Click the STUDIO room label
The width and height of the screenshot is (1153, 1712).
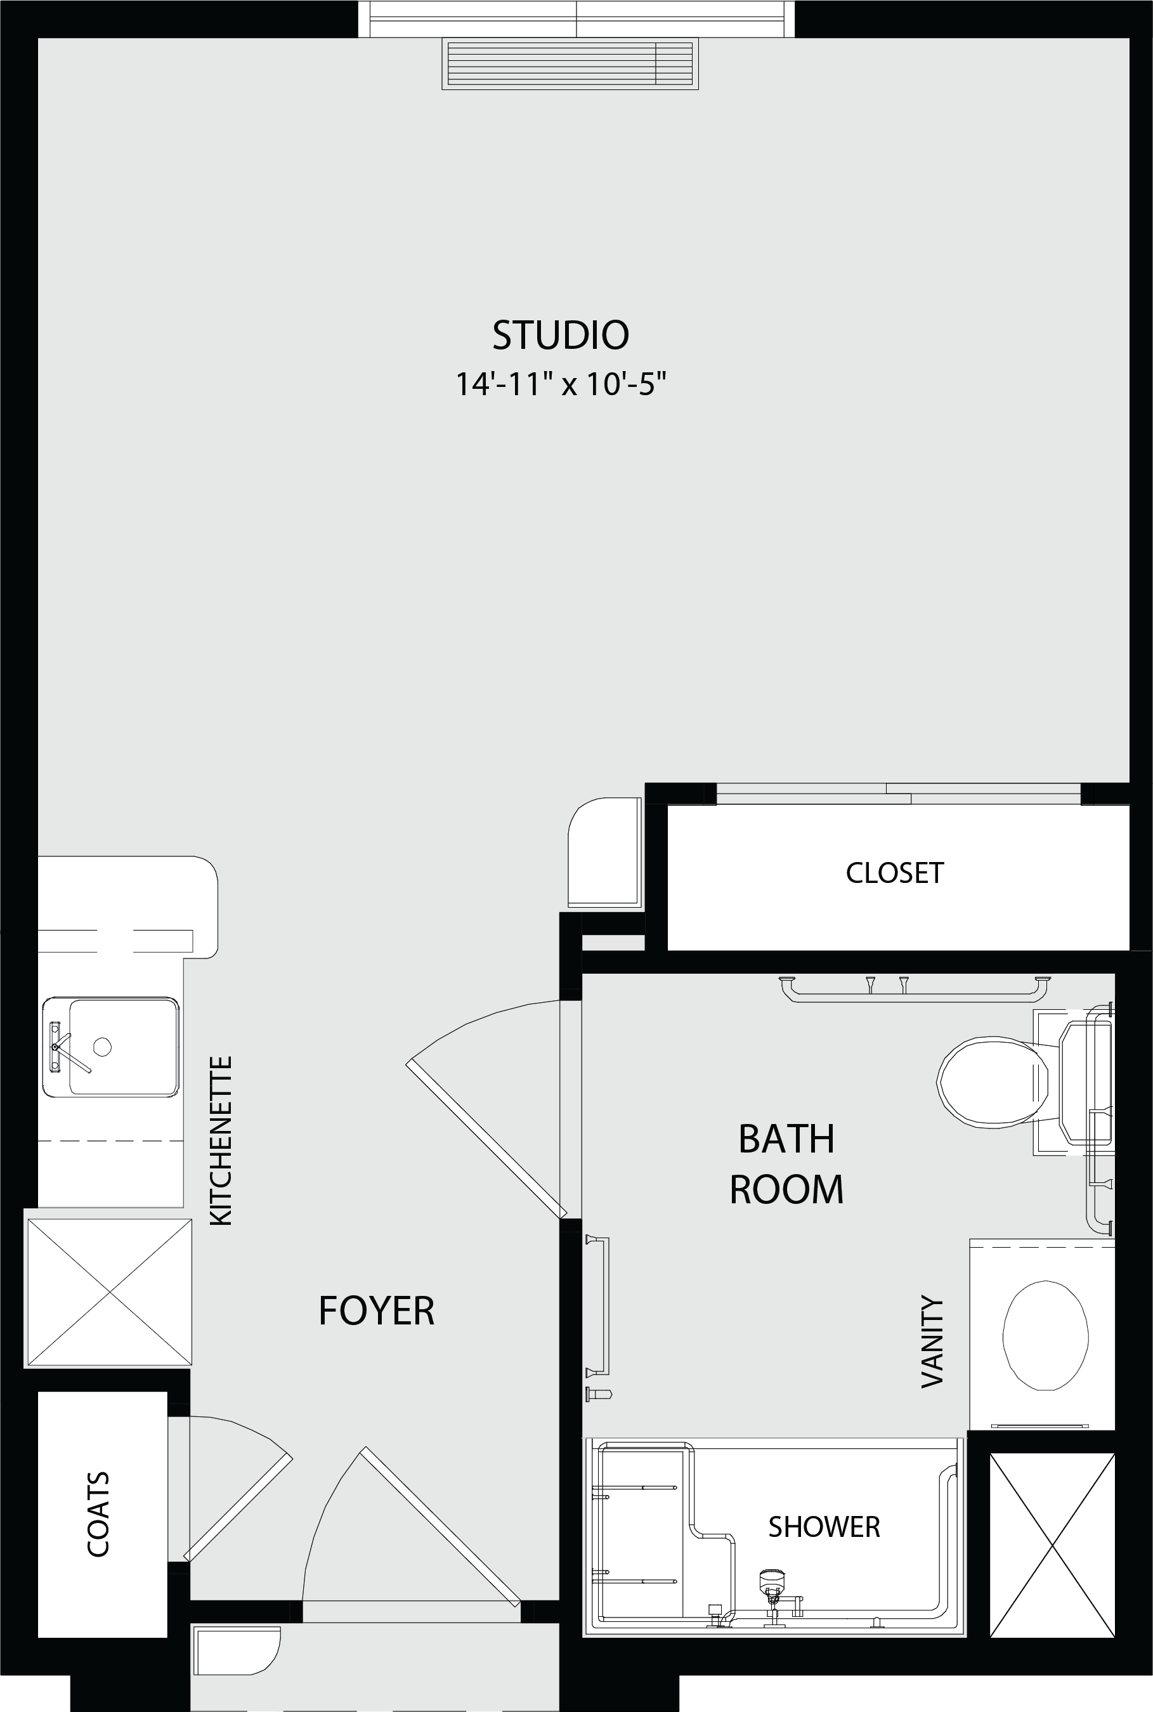point(560,336)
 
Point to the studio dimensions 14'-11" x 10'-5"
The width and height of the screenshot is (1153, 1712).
point(560,384)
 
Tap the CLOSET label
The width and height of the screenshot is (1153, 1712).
point(894,873)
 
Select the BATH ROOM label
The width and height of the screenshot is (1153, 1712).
point(786,1164)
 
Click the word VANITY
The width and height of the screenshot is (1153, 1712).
point(932,1342)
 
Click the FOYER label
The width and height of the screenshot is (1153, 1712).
point(377,1310)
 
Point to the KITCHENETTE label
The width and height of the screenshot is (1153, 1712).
point(221,1140)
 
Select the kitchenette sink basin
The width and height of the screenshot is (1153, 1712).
point(111,1047)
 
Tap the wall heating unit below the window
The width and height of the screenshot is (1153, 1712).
point(570,64)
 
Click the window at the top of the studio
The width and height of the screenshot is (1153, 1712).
point(576,18)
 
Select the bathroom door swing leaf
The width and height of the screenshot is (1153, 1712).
point(486,1139)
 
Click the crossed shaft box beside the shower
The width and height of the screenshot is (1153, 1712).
point(1052,1545)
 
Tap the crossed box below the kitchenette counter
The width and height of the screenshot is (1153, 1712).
point(109,1292)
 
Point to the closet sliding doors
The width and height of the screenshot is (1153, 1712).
point(899,794)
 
